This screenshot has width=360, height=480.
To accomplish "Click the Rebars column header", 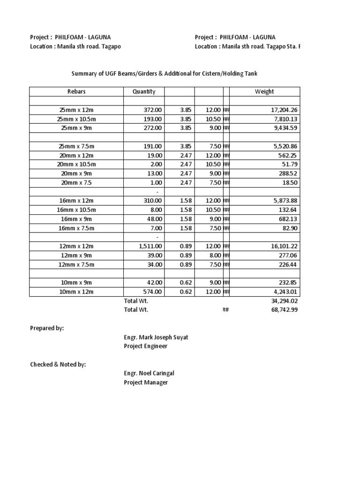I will click(76, 92).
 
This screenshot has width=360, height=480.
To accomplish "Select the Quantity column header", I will click(144, 92).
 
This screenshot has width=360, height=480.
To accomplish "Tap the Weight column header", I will click(264, 92).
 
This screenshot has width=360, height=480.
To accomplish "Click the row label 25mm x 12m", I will click(76, 110).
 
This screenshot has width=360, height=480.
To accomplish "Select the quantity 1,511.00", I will click(147, 247).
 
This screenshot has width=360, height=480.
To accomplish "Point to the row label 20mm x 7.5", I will click(76, 182).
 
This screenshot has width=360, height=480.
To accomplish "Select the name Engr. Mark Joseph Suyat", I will click(156, 337).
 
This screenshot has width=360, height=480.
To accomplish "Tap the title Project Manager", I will click(146, 382).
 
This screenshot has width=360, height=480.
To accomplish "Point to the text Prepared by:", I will click(47, 329).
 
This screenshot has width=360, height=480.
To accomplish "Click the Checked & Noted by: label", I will click(58, 365).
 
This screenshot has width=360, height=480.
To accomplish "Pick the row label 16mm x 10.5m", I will click(76, 210).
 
